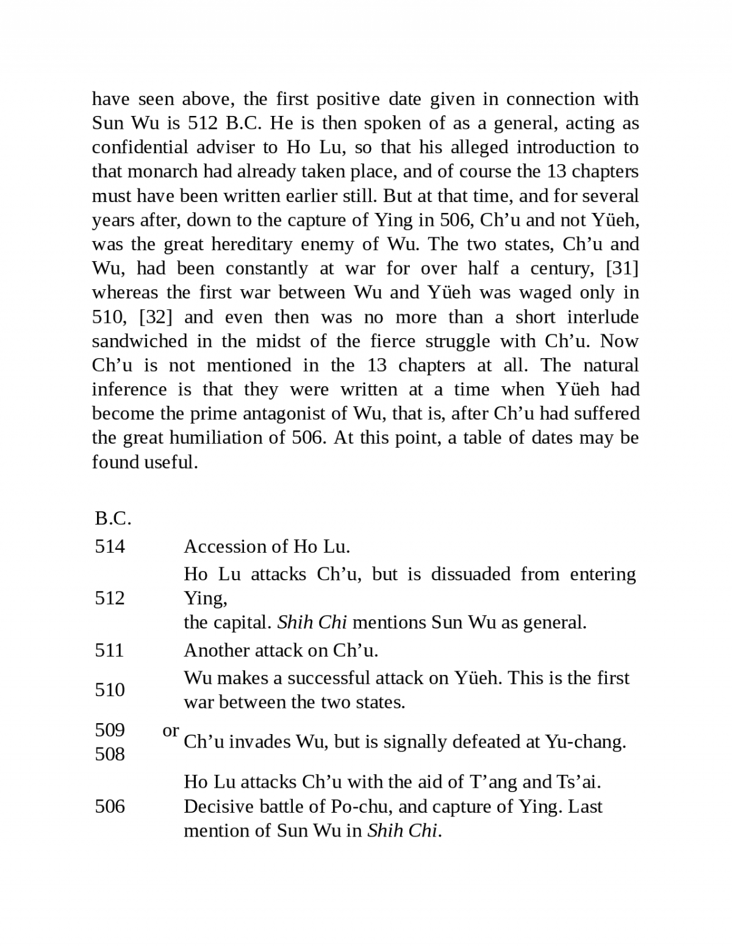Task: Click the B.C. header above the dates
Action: pyautogui.click(x=113, y=519)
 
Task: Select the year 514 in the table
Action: pyautogui.click(x=110, y=546)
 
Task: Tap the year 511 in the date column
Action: pyautogui.click(x=110, y=650)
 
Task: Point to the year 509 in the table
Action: pyautogui.click(x=110, y=730)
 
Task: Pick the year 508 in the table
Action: pyautogui.click(x=110, y=754)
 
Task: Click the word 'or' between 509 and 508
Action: pyautogui.click(x=171, y=730)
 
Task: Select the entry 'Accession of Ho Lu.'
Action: pyautogui.click(x=267, y=546)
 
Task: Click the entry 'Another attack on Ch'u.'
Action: pyautogui.click(x=281, y=650)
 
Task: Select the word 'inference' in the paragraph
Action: pyautogui.click(x=129, y=389)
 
